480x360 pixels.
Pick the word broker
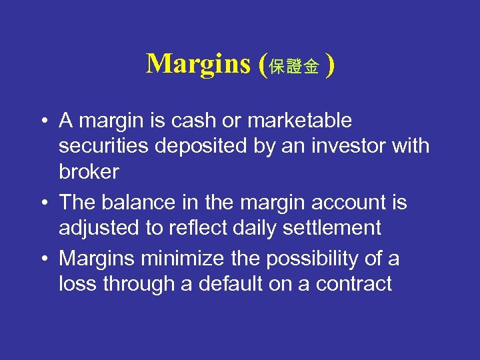pos(89,171)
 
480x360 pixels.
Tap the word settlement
pos(335,227)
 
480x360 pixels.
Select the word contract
pos(354,283)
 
